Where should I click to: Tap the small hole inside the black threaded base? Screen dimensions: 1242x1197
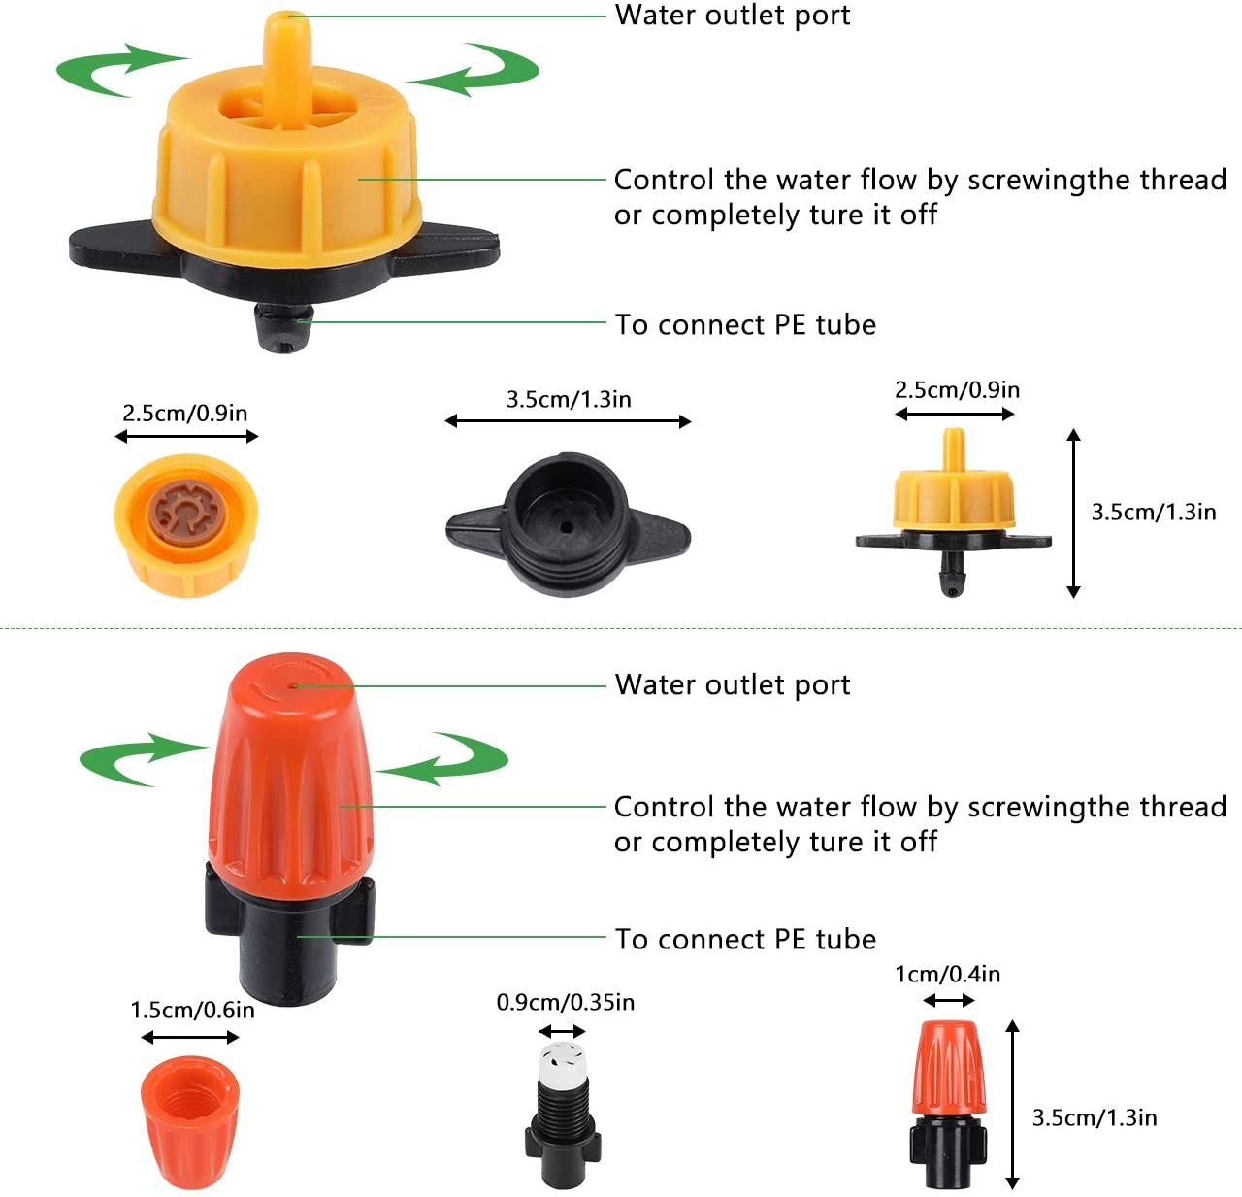pyautogui.click(x=567, y=527)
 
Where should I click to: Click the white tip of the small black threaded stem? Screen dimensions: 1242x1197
pyautogui.click(x=562, y=1062)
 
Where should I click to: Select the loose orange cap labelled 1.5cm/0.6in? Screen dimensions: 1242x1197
pyautogui.click(x=189, y=1121)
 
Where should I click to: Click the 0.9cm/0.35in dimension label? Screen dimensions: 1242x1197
pyautogui.click(x=566, y=1002)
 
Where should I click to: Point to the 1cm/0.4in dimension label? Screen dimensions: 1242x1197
pyautogui.click(x=947, y=974)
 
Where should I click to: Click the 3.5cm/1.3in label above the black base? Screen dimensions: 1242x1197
pyautogui.click(x=569, y=400)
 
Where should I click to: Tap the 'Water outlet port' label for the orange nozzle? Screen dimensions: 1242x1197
pyautogui.click(x=733, y=685)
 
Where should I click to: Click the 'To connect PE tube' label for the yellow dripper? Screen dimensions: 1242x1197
pyautogui.click(x=745, y=324)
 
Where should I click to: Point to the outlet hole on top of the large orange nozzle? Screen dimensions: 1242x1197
pyautogui.click(x=294, y=685)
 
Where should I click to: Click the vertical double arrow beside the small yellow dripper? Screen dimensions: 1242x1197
pyautogui.click(x=1073, y=514)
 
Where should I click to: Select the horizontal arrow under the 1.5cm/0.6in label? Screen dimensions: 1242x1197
pyautogui.click(x=189, y=1038)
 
